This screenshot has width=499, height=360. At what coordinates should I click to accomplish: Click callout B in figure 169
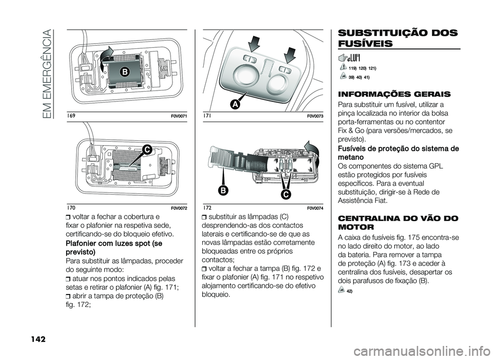coord(124,72)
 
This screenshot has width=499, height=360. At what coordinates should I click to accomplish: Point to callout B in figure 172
coord(224,191)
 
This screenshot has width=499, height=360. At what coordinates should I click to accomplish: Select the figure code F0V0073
coord(315,117)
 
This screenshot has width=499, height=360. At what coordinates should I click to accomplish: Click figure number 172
coord(207,208)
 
